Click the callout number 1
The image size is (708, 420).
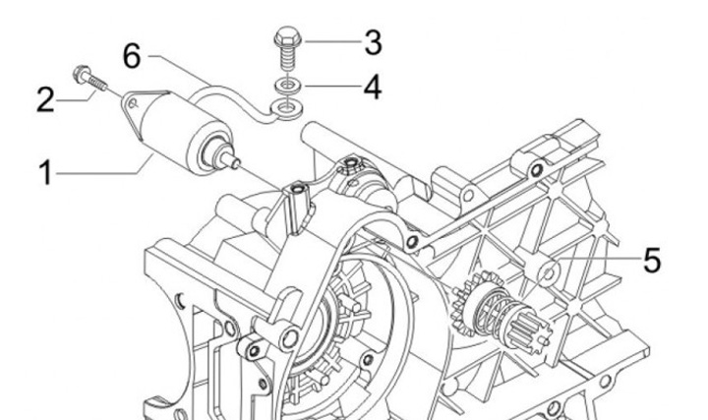pos(44,174)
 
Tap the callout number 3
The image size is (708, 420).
pos(372,42)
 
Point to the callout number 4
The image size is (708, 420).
pos(372,87)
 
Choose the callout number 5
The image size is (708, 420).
pos(651,260)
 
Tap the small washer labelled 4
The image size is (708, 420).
pos(287,86)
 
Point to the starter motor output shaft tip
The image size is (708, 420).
pos(236,161)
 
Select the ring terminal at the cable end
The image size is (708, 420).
pos(286,104)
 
